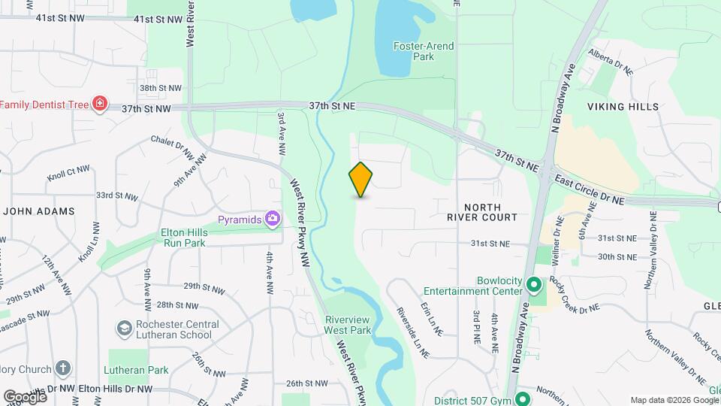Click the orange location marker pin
(360, 180)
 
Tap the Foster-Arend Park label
(424, 51)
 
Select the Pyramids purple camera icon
(272, 220)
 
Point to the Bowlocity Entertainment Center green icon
(533, 285)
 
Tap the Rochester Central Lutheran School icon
(124, 329)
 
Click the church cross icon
(64, 369)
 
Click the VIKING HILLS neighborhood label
(623, 107)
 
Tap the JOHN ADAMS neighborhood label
(39, 211)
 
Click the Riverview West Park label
(348, 324)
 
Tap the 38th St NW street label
(160, 88)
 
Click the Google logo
(24, 396)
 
